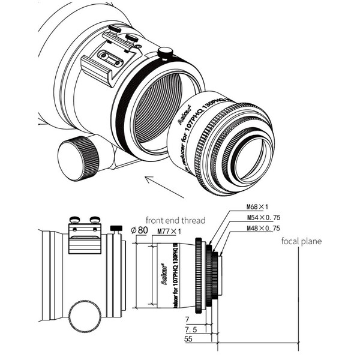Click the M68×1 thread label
pos(257,207)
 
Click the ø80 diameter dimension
pos(139,229)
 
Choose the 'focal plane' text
pos(301,241)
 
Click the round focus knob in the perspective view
pos(79,158)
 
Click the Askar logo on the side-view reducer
pos(164,282)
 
